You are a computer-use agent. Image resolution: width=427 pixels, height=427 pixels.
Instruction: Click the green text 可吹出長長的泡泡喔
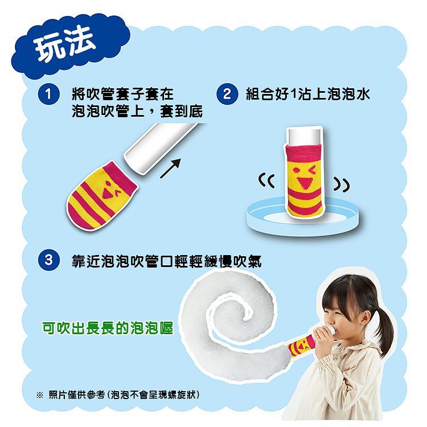pos(108,329)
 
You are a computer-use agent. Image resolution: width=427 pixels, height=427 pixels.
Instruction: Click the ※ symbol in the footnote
pos(39,395)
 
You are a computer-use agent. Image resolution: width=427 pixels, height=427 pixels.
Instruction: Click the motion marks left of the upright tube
pos(266,183)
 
